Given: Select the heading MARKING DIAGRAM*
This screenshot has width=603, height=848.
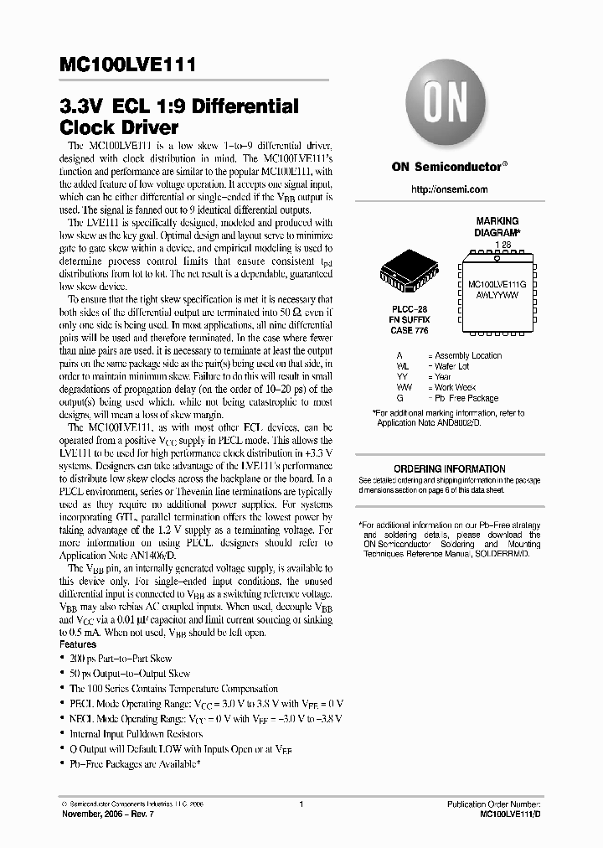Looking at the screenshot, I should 497,226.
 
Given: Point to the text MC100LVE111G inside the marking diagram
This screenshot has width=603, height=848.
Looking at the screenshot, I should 497,285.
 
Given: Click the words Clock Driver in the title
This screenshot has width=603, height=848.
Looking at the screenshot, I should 119,128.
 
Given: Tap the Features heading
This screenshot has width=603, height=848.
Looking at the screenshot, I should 78,644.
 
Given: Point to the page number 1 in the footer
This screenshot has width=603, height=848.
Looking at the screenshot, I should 301,804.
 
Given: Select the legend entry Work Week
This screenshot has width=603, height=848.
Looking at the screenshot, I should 455,387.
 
